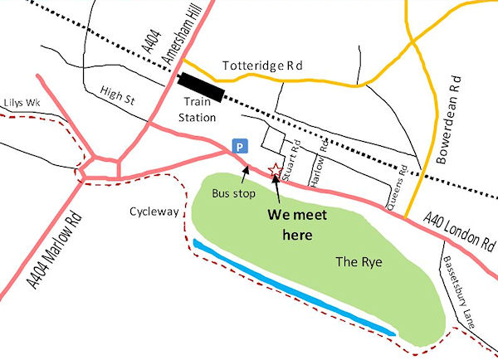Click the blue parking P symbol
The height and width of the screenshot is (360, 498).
[x=240, y=145]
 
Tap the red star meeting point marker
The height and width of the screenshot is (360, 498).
[x=276, y=169]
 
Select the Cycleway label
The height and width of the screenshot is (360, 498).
[x=154, y=212]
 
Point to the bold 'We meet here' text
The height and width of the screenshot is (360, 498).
[x=295, y=225]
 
